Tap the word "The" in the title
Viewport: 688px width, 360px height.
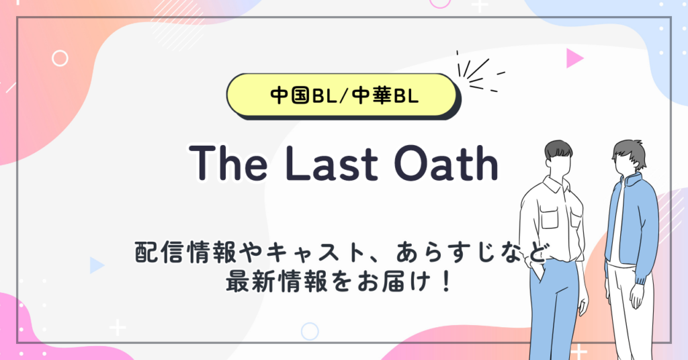(x=228, y=163)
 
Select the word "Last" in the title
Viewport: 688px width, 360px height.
(x=331, y=163)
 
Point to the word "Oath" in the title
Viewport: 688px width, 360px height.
(x=446, y=163)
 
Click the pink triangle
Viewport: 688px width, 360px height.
(x=574, y=58)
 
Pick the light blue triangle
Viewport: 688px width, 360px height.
(x=97, y=265)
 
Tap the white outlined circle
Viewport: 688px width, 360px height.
(x=60, y=58)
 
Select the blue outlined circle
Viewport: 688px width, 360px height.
(x=310, y=332)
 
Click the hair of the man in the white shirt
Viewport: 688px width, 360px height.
(x=558, y=150)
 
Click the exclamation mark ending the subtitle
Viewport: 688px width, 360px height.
(x=446, y=281)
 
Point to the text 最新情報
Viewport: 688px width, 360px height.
(x=276, y=281)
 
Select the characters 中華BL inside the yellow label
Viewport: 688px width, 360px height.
(x=385, y=95)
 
